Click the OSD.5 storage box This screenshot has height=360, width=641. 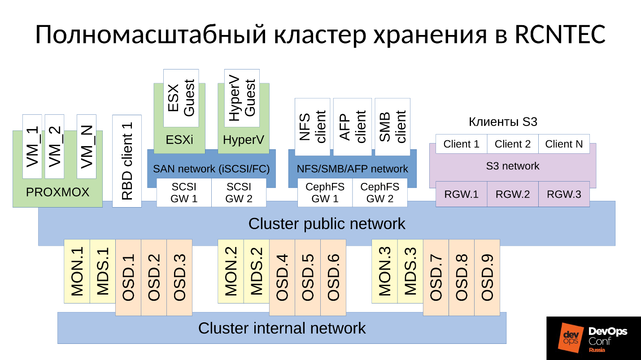click(x=308, y=277)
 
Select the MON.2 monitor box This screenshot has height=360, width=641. click(x=231, y=271)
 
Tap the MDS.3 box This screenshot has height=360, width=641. click(x=410, y=271)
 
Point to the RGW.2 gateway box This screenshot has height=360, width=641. click(x=512, y=194)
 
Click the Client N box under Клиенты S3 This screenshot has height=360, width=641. click(x=564, y=144)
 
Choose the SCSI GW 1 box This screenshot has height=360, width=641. click(x=184, y=193)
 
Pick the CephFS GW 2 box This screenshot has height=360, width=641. click(x=380, y=193)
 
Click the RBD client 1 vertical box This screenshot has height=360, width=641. click(x=127, y=161)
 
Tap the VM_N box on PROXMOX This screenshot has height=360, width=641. click(x=87, y=147)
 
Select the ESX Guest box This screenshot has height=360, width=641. click(x=181, y=98)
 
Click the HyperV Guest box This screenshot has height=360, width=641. click(x=242, y=98)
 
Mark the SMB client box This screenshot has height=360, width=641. click(x=392, y=127)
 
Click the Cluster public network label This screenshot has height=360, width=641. click(x=327, y=223)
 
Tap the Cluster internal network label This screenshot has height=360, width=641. click(x=282, y=328)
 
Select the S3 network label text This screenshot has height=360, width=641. click(x=512, y=166)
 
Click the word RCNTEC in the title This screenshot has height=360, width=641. click(x=560, y=35)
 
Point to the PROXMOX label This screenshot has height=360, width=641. click(x=57, y=192)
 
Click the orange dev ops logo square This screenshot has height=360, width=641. click(x=570, y=338)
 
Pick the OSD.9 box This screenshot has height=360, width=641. click(x=487, y=277)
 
